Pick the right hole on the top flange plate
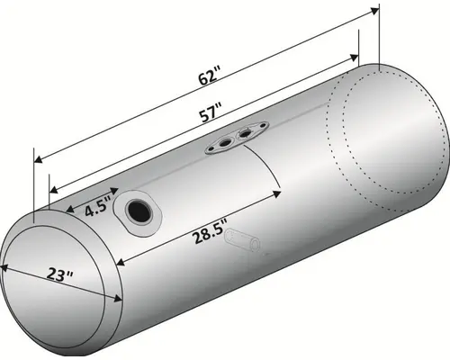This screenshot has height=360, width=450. point(244,134)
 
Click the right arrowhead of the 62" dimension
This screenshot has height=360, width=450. point(373,11)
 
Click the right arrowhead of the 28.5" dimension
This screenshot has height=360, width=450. point(280,190)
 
